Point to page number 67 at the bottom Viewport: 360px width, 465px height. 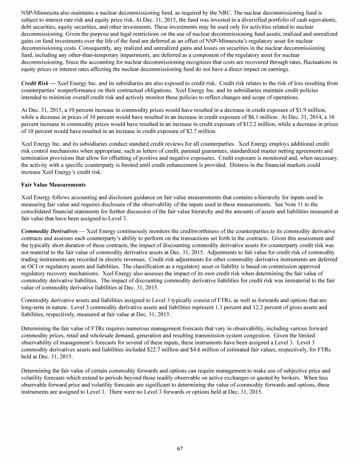[180, 449]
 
